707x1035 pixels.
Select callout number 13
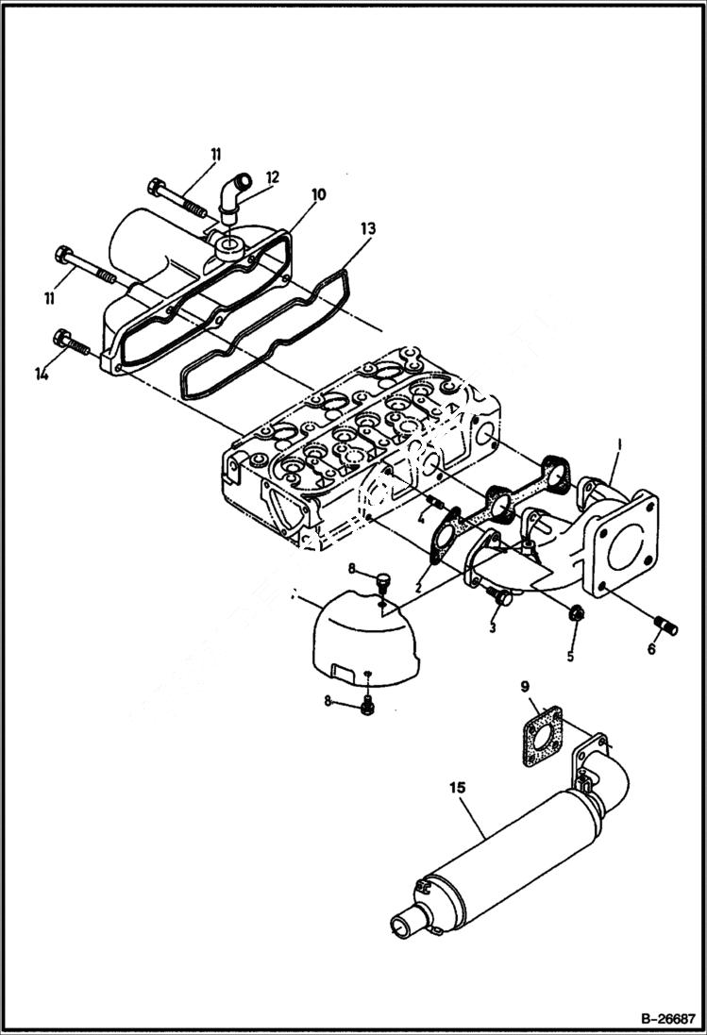click(367, 229)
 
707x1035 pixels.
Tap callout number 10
click(317, 194)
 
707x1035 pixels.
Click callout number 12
click(272, 176)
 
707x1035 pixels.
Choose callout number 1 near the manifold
click(619, 442)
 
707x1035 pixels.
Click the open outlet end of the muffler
click(404, 924)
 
